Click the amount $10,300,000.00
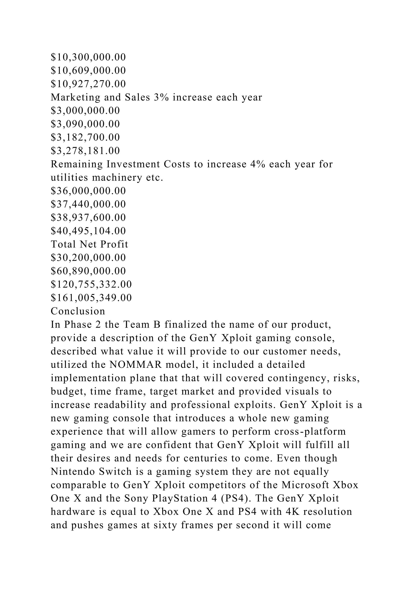pos(88,57)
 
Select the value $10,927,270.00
pos(88,84)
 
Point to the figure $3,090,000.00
pos(85,124)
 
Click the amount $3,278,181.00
pos(85,151)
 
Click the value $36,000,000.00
pos(88,191)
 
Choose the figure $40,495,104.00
pos(88,231)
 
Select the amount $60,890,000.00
pos(88,271)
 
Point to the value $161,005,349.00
pos(91,298)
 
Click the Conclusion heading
pos(78,311)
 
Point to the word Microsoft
pos(305,485)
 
